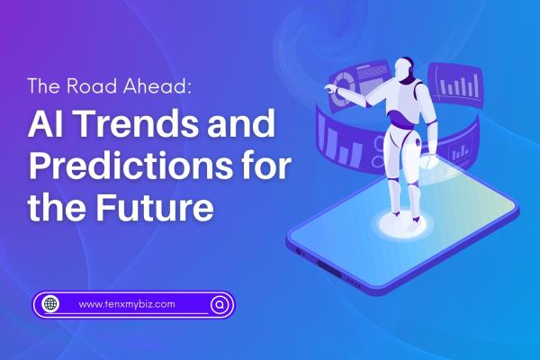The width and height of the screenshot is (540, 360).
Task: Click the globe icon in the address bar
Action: pyautogui.click(x=51, y=304)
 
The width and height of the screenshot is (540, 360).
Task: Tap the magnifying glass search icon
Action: pyautogui.click(x=218, y=304)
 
